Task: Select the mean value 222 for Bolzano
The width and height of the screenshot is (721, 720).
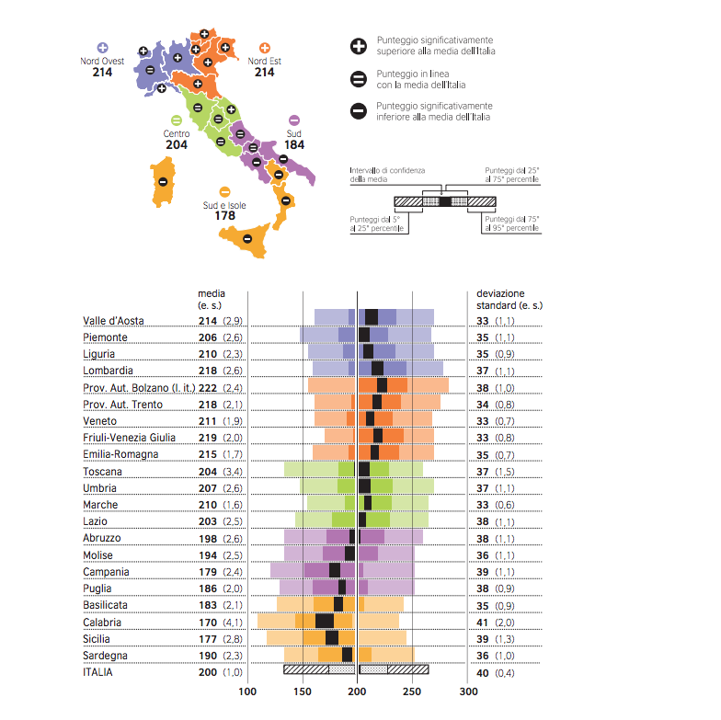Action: pyautogui.click(x=207, y=388)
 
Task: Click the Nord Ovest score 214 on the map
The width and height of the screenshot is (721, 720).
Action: pyautogui.click(x=102, y=72)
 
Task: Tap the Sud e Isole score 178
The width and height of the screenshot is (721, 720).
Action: pyautogui.click(x=224, y=216)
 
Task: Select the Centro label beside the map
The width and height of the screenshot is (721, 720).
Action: pyautogui.click(x=177, y=133)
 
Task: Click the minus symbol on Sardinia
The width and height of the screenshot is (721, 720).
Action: pyautogui.click(x=163, y=181)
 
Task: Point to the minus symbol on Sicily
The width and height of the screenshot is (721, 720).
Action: pyautogui.click(x=247, y=240)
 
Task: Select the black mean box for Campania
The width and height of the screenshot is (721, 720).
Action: pyautogui.click(x=335, y=571)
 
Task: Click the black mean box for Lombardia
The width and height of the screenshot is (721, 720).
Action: pyautogui.click(x=377, y=371)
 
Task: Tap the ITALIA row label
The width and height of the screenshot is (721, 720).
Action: pyautogui.click(x=101, y=672)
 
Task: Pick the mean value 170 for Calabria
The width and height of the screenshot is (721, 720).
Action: pyautogui.click(x=207, y=622)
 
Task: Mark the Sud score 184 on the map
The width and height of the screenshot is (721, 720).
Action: pyautogui.click(x=294, y=145)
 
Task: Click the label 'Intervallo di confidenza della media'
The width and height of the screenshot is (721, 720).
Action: pyautogui.click(x=387, y=176)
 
